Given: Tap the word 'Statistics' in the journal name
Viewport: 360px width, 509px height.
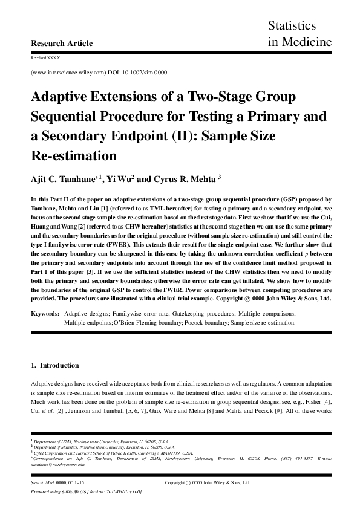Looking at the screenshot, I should click(x=292, y=26).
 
